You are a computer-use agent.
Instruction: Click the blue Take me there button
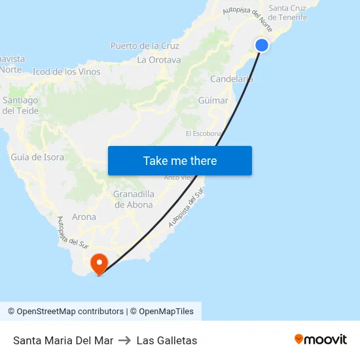pos(180,161)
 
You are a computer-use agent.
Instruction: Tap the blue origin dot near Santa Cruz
pos(261,45)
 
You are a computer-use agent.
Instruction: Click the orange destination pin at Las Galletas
pos(99,264)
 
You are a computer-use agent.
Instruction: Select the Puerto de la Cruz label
pos(145,46)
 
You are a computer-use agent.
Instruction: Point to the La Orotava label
pos(159,60)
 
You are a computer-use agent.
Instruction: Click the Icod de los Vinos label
pos(66,72)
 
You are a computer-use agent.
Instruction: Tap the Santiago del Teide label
pos(20,105)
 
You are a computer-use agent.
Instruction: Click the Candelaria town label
pos(232,79)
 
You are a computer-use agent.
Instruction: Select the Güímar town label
pos(213,101)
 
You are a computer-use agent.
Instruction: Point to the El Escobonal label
pos(204,134)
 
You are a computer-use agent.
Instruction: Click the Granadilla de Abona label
pos(134,199)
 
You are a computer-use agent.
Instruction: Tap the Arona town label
pos(84,217)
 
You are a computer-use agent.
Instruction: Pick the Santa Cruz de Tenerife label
pos(288,12)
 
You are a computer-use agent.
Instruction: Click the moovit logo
pos(321,340)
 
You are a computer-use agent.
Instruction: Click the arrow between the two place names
pos(125,340)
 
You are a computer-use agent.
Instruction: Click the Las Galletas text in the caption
pos(167,340)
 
